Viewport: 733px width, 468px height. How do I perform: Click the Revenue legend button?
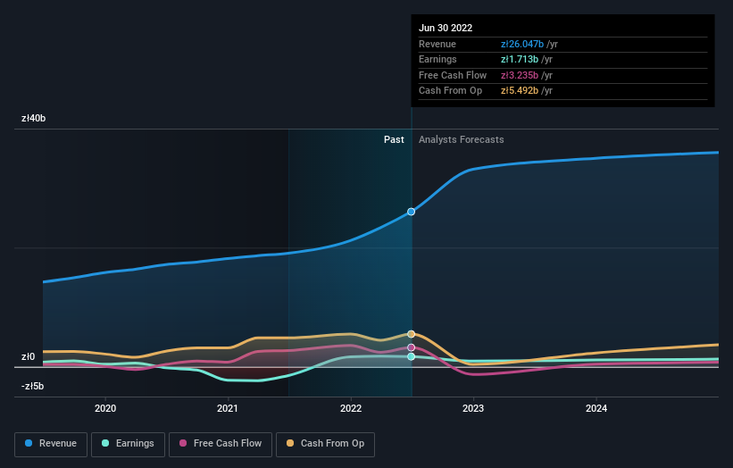[x=51, y=443]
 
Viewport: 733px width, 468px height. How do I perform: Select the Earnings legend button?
[x=128, y=443]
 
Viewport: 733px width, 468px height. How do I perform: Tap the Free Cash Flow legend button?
[x=219, y=443]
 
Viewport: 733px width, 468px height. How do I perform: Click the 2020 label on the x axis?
[x=105, y=408]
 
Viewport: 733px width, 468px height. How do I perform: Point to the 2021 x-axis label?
[x=228, y=408]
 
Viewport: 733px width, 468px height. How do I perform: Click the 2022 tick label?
[x=351, y=408]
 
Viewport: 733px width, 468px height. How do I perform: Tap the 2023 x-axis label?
[x=473, y=408]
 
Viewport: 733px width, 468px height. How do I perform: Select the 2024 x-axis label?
[x=596, y=408]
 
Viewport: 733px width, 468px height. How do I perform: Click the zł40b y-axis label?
[x=34, y=119]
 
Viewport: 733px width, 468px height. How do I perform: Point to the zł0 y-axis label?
[x=29, y=357]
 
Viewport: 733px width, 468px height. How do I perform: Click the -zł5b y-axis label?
[x=33, y=387]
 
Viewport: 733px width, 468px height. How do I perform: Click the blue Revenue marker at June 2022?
[x=412, y=212]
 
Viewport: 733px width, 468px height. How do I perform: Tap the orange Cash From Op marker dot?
[x=412, y=334]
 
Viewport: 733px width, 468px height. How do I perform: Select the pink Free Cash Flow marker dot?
[x=412, y=347]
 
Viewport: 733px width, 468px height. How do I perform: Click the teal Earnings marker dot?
[x=412, y=356]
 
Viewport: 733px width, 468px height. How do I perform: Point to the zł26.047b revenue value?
[x=529, y=44]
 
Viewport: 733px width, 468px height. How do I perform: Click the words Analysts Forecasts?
[x=461, y=140]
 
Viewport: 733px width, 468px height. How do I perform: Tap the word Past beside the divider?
[x=394, y=140]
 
